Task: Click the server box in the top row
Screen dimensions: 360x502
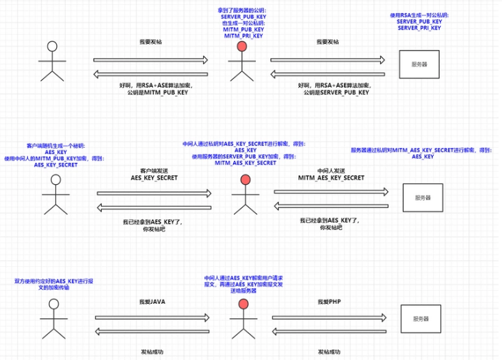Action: (x=419, y=64)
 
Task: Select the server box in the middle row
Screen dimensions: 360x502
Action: (x=422, y=197)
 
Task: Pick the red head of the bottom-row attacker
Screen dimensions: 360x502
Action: (x=244, y=303)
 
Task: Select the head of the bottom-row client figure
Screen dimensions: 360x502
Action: (x=52, y=303)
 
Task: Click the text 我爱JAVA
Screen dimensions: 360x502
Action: (x=152, y=301)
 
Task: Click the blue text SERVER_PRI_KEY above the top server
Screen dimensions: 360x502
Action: (x=419, y=28)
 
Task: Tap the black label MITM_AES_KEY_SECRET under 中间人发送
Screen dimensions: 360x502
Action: (x=331, y=177)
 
